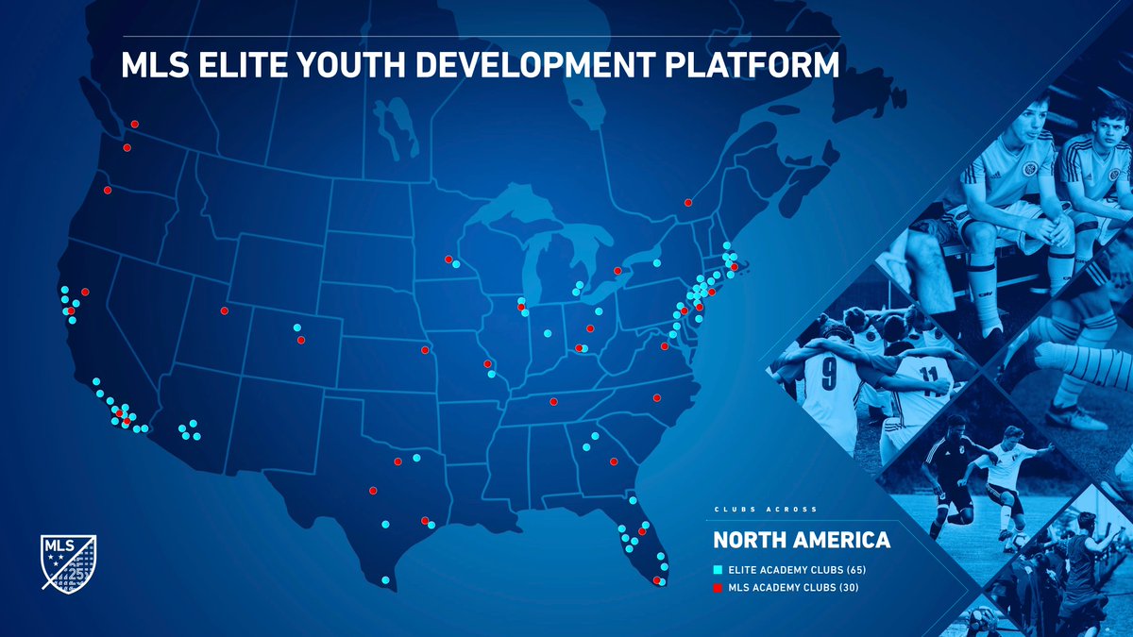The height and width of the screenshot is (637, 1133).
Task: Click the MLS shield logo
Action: [x=69, y=563]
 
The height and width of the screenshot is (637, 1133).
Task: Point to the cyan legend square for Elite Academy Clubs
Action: [x=718, y=570]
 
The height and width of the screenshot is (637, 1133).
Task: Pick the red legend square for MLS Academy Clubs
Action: [x=718, y=588]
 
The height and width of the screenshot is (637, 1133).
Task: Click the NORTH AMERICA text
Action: [x=802, y=541]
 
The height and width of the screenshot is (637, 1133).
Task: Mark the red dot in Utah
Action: [x=225, y=310]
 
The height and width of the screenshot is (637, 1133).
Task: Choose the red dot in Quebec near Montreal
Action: [x=688, y=202]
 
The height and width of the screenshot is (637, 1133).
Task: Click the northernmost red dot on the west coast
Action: [x=135, y=124]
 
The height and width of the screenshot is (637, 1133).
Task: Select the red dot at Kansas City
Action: [x=424, y=350]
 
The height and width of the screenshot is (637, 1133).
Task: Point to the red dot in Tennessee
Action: [x=553, y=401]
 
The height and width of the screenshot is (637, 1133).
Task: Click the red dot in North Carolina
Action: [x=656, y=397]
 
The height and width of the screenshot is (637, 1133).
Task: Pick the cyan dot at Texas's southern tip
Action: [x=385, y=579]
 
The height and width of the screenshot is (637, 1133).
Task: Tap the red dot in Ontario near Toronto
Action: [x=617, y=271]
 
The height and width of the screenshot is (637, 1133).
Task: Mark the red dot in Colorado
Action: [x=301, y=340]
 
